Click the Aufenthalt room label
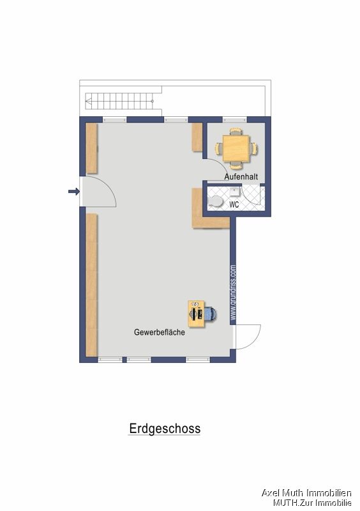240,176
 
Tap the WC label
234,205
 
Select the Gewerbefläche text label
160,333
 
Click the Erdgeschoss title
165,429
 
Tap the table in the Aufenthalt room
237,148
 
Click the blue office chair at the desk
211,314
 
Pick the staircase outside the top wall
121,101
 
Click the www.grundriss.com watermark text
234,293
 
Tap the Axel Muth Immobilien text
306,492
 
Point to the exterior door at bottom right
248,336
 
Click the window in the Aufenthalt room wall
234,119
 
